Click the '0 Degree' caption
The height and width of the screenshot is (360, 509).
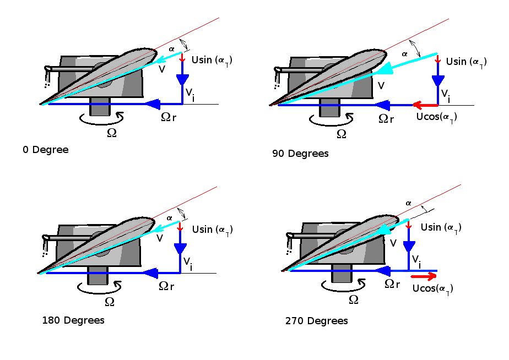pyautogui.click(x=46, y=150)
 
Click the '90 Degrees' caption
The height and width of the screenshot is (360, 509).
pyautogui.click(x=300, y=154)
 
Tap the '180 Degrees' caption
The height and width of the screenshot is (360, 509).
pyautogui.click(x=73, y=320)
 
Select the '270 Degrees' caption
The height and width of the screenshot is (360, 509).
pyautogui.click(x=317, y=321)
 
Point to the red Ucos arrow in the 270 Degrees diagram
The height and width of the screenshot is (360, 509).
pyautogui.click(x=424, y=277)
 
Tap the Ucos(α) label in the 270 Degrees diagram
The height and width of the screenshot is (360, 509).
pyautogui.click(x=433, y=289)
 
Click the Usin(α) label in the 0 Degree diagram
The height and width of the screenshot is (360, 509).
pyautogui.click(x=212, y=60)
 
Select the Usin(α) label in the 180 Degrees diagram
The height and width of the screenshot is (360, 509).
pyautogui.click(x=212, y=229)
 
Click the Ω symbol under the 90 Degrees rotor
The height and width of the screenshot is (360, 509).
pyautogui.click(x=342, y=134)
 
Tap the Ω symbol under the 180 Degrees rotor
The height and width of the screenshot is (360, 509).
pyautogui.click(x=110, y=302)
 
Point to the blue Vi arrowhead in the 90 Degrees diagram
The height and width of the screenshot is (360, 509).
pyautogui.click(x=438, y=80)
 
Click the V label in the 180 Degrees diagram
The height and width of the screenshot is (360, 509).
pyautogui.click(x=160, y=238)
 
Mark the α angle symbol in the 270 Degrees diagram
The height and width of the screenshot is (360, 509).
pyautogui.click(x=408, y=203)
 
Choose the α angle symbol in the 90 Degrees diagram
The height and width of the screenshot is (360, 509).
pyautogui.click(x=405, y=53)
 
